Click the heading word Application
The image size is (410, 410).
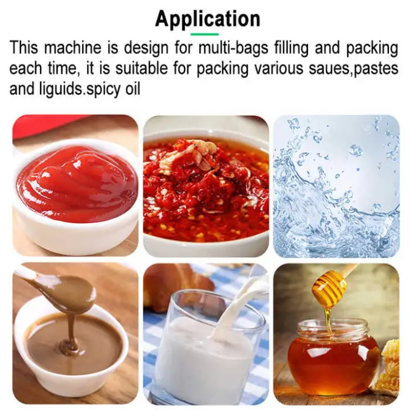[x=207, y=19]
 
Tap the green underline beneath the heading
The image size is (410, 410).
[x=204, y=34]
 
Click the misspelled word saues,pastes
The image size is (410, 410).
[x=353, y=69]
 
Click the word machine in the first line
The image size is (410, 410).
[x=73, y=48]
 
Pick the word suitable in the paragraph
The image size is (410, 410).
[x=142, y=69]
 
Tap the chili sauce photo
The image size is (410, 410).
[x=206, y=186]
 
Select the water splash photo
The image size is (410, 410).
[x=337, y=186]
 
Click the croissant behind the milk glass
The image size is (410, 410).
[x=177, y=282]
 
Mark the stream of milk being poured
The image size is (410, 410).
[x=235, y=306]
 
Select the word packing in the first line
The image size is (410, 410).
[x=372, y=48]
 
